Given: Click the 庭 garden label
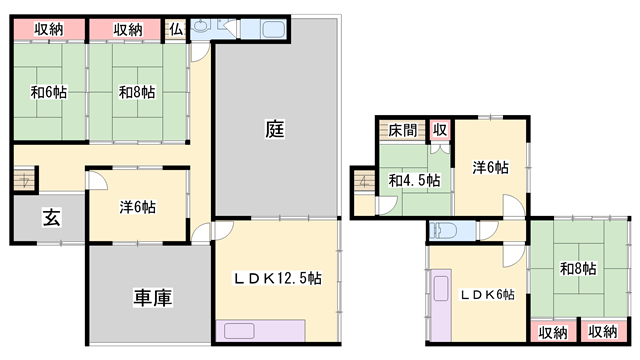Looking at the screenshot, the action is point(275,129).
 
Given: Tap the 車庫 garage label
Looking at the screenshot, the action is point(153,298).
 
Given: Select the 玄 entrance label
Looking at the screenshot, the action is point(51,217).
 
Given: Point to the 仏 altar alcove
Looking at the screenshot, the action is point(176,29).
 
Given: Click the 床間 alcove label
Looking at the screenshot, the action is point(402,130).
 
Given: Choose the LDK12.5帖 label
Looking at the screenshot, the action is point(277,278).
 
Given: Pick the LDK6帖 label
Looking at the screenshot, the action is point(487,294).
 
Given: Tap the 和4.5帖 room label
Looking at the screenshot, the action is point(414,180).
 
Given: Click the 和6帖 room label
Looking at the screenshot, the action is point(49,92).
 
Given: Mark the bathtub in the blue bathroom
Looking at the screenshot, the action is point(273,29).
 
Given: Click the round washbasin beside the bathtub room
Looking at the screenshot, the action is point(200,27).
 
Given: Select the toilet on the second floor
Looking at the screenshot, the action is point(439,230).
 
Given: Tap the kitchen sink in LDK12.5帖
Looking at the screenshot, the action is point(240,331).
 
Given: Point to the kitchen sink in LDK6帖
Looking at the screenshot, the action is point(441,288).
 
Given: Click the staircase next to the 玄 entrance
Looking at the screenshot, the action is point(25,179).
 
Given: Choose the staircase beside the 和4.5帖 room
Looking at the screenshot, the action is point(364,181).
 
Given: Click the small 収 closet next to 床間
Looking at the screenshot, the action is point(440,130).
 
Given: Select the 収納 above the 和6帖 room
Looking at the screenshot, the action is point(49,29).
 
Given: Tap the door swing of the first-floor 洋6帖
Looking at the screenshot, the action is point(98,180).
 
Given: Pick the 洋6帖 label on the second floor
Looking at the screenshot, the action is point(490,167).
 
